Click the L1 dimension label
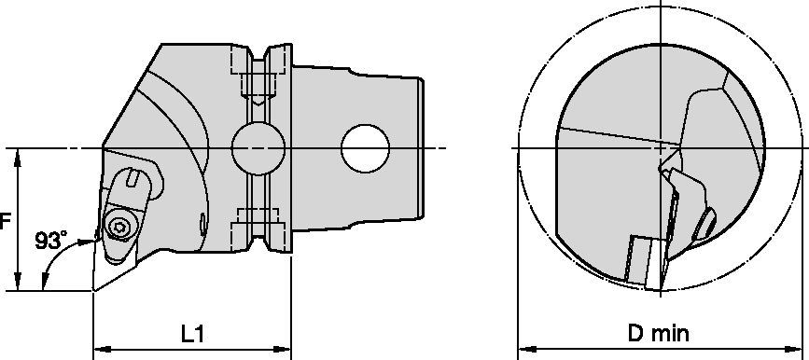[192, 334]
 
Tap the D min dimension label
[658, 334]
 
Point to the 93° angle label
[50, 241]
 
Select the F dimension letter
[5, 222]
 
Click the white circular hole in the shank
[365, 148]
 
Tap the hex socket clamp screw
[119, 227]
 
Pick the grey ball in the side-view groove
[258, 148]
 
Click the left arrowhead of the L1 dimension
[101, 349]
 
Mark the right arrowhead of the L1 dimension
[284, 349]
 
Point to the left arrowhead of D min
[525, 349]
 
